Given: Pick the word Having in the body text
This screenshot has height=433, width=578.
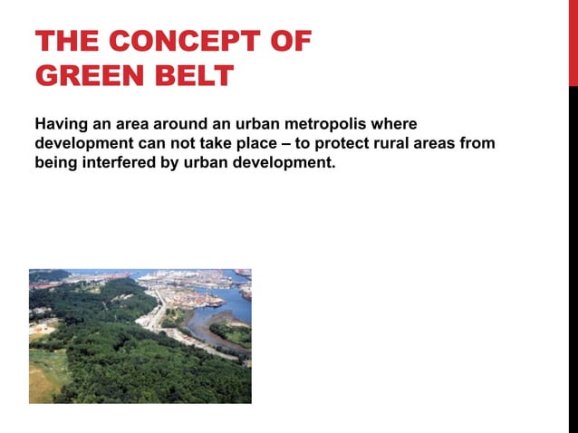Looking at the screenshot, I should [x=59, y=123].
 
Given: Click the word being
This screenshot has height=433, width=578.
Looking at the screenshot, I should [x=55, y=165].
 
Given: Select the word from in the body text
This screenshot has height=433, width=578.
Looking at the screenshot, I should [x=478, y=144].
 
